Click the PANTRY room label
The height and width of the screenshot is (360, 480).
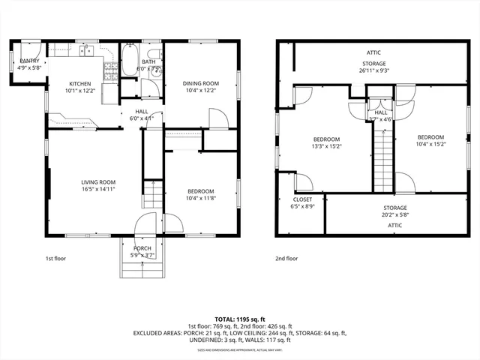click(x=29, y=61)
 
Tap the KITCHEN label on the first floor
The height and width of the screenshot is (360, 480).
click(x=80, y=83)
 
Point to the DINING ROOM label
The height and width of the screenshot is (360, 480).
click(x=201, y=82)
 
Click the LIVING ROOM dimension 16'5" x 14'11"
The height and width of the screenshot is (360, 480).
click(x=98, y=189)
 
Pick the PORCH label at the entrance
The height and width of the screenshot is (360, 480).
click(x=142, y=248)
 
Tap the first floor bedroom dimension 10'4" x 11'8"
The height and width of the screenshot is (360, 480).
click(x=200, y=198)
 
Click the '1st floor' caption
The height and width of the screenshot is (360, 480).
click(x=56, y=259)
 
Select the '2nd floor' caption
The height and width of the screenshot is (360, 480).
click(x=286, y=259)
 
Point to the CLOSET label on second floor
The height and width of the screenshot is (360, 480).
click(x=302, y=199)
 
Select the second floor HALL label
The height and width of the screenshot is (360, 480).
click(x=381, y=112)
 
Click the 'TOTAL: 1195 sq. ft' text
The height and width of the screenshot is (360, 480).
click(x=239, y=318)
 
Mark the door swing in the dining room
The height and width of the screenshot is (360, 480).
click(x=217, y=118)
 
